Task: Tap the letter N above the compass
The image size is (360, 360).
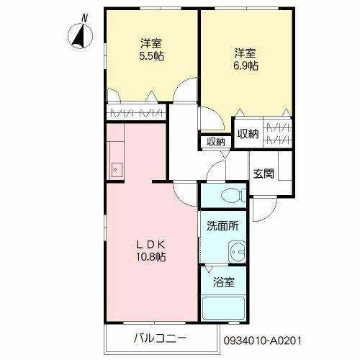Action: [84, 16]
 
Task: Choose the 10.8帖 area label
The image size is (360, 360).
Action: [151, 256]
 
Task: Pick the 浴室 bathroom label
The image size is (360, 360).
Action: [222, 283]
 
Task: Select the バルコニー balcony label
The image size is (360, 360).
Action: [160, 338]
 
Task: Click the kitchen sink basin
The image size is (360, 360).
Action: [117, 169]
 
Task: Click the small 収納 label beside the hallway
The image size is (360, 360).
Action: [215, 142]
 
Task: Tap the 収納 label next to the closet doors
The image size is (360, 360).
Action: [248, 133]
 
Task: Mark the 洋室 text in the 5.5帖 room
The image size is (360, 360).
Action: [150, 42]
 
